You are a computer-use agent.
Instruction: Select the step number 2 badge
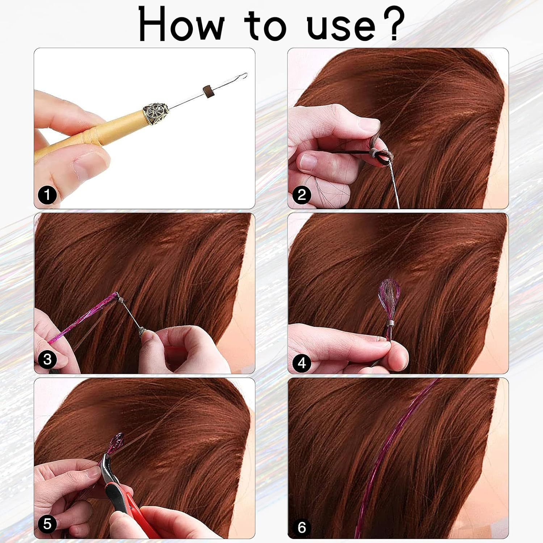pyautogui.click(x=302, y=195)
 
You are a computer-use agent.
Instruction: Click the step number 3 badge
pyautogui.click(x=47, y=359)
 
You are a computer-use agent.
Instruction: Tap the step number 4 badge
pyautogui.click(x=302, y=363)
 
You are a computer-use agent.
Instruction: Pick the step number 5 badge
pyautogui.click(x=47, y=524)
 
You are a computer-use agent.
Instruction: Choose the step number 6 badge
pyautogui.click(x=302, y=527)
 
